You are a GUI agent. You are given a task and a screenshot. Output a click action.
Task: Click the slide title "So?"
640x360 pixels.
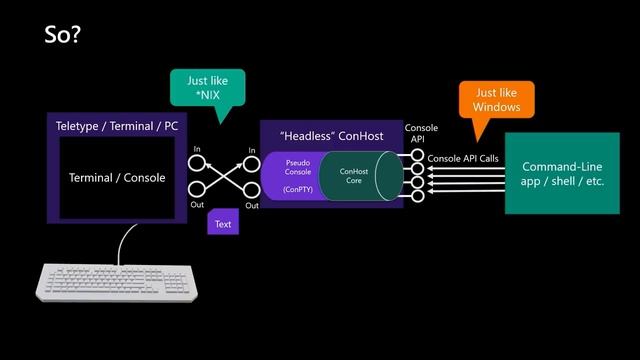[x=62, y=35]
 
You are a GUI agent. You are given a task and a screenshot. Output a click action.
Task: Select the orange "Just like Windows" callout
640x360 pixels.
[x=497, y=99]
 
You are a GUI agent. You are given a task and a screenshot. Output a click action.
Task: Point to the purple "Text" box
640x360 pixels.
[x=223, y=224]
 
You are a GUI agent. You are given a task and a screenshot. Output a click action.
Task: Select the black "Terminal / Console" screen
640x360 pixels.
[x=117, y=178]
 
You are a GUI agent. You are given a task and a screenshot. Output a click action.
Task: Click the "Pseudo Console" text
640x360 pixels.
[x=298, y=166]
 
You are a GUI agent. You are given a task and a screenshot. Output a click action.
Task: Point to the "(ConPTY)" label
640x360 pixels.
[x=297, y=189]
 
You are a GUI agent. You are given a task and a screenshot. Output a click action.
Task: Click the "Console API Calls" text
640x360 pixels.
[x=462, y=159]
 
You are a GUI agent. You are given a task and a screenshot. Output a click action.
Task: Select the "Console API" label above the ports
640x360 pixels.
[x=420, y=133]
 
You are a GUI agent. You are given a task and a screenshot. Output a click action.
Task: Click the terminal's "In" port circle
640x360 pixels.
[x=197, y=161]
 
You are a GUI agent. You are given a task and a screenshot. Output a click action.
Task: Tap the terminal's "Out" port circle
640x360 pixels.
[x=197, y=190]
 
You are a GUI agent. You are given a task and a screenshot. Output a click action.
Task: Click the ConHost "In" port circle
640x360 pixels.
[x=252, y=161]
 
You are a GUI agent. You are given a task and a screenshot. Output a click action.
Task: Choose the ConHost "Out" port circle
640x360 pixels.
[x=252, y=190]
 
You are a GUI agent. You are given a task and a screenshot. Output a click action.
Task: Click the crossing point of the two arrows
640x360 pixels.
[x=224, y=175]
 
